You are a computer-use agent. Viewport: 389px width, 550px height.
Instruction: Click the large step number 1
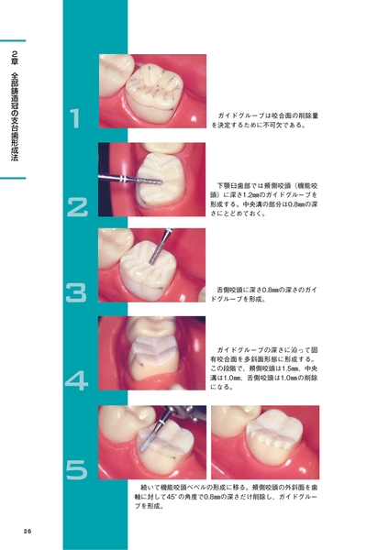click(75, 118)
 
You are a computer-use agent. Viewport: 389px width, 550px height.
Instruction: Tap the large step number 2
click(77, 207)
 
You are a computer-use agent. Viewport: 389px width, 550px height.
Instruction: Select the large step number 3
click(76, 293)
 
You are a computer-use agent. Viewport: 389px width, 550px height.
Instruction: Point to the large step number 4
click(76, 380)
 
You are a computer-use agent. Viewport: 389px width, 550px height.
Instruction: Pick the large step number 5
click(76, 470)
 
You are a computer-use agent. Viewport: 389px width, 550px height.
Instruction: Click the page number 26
click(28, 531)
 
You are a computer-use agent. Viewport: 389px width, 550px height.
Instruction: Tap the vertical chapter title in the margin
click(15, 106)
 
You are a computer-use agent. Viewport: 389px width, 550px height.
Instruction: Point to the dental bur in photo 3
click(161, 247)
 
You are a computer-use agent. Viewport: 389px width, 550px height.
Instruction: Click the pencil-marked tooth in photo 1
click(154, 92)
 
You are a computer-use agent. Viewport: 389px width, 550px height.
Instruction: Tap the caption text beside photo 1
click(265, 120)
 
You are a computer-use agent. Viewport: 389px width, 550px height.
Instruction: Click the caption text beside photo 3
click(263, 294)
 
